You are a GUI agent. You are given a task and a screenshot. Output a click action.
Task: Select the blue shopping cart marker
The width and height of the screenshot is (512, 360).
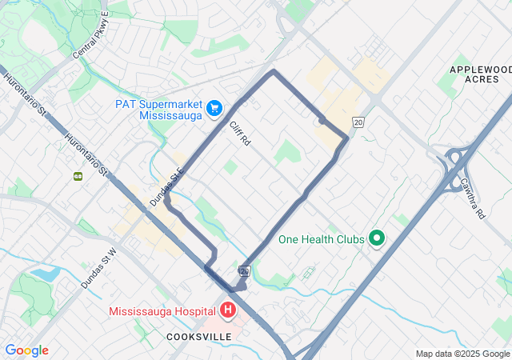tap(214, 107)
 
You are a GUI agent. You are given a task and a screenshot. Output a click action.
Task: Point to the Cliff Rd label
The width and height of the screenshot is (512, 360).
tap(240, 134)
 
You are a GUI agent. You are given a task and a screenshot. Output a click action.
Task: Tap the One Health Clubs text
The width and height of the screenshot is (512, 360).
tap(321, 239)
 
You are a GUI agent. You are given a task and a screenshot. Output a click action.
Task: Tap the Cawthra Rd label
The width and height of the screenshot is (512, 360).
tap(472, 198)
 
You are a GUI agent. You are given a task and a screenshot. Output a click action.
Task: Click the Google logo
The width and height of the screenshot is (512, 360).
tap(26, 350)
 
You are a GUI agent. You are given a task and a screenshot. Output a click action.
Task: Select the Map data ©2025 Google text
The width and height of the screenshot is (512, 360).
tap(462, 354)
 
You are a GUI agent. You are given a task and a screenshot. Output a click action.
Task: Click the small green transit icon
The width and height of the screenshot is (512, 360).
tap(78, 176)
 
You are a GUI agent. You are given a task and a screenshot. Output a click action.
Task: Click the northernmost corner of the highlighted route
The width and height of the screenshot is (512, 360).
tap(274, 70)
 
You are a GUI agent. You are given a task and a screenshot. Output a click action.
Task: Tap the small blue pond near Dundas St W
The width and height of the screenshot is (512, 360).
tap(46, 274)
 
